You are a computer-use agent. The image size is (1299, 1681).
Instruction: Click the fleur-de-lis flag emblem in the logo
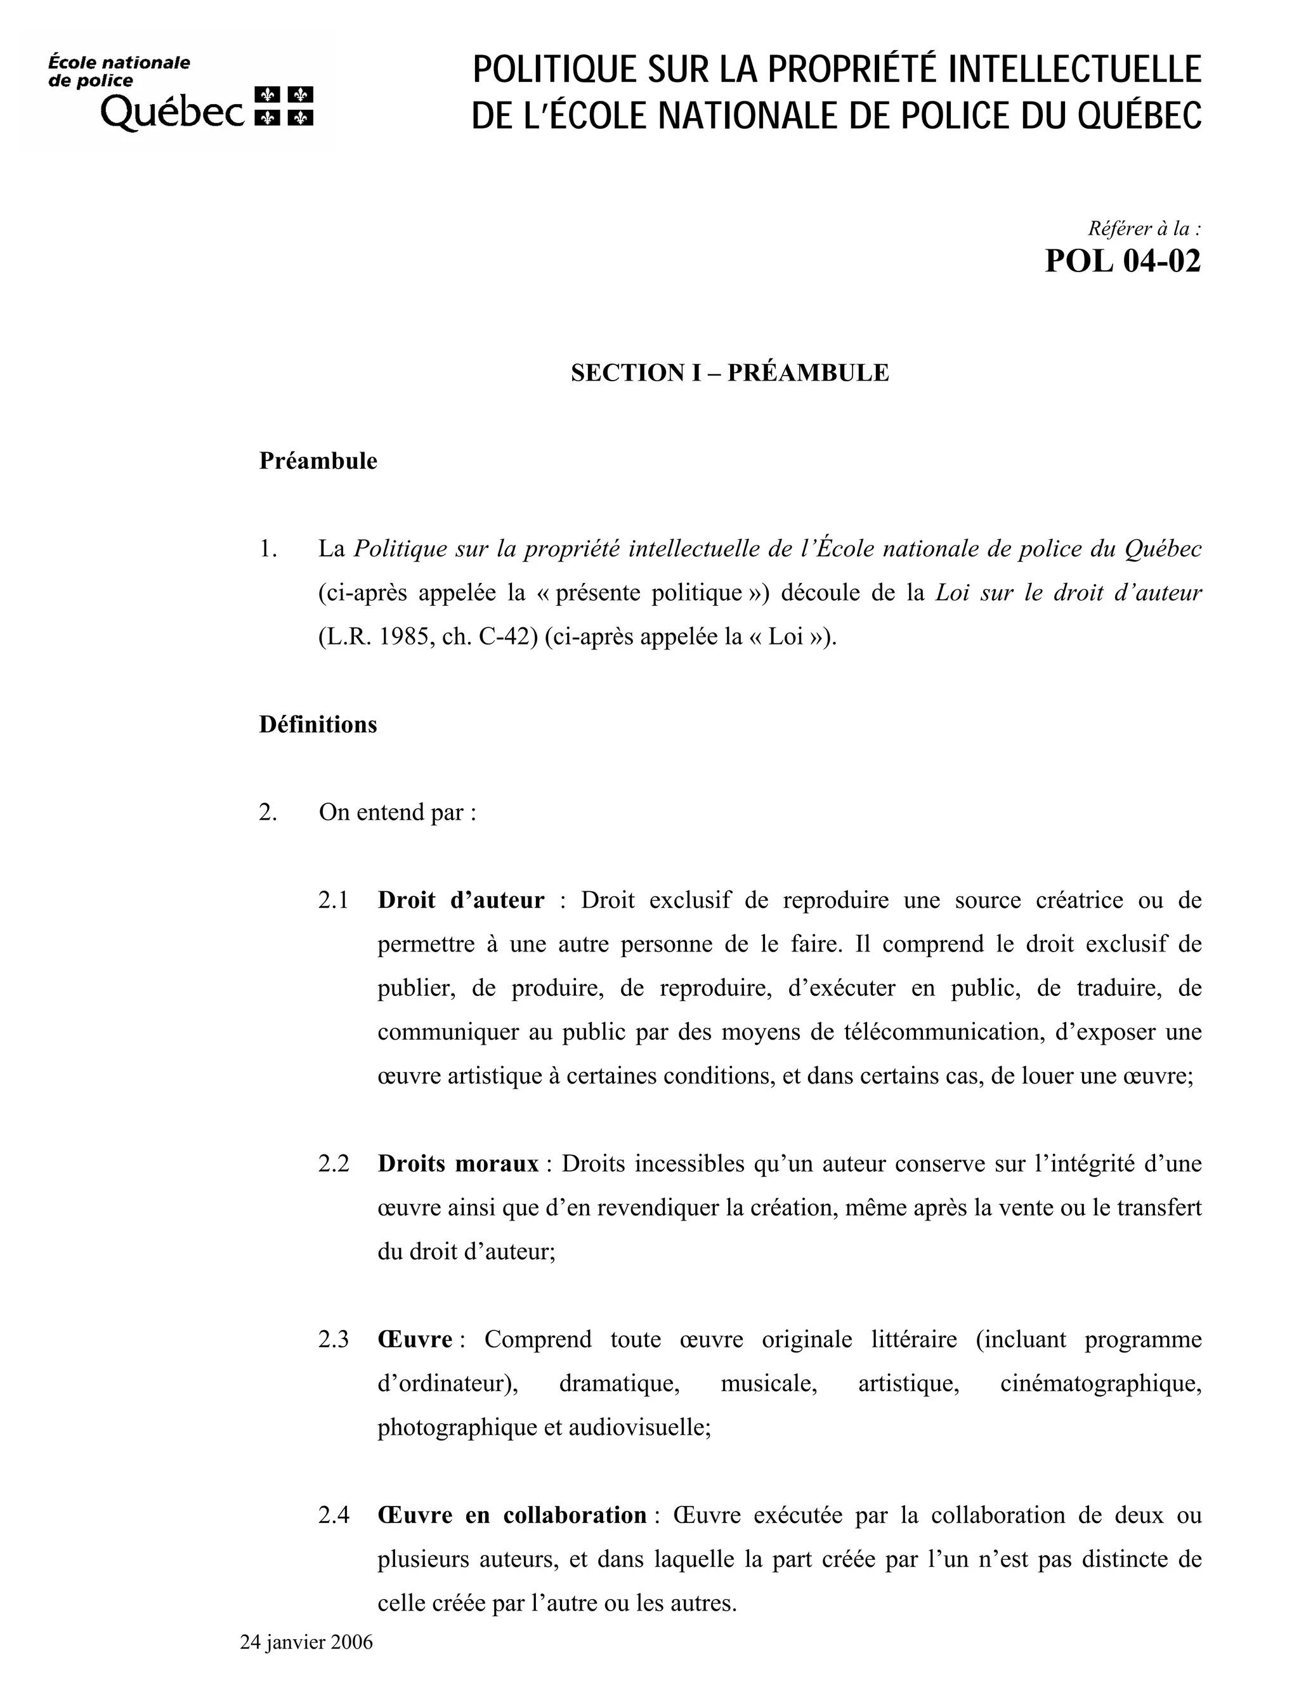tap(284, 105)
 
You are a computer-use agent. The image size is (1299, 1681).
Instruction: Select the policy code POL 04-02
tap(1122, 262)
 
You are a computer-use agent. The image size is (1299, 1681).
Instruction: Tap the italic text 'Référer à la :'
tap(1144, 228)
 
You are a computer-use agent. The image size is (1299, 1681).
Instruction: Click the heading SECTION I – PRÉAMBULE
tap(729, 372)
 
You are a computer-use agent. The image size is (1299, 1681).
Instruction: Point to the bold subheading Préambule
tap(318, 461)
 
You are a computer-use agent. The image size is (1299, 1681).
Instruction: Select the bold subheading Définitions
tap(318, 724)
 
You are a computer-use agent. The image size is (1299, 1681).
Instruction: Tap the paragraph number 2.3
tap(332, 1339)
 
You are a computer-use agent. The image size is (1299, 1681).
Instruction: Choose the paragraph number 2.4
tap(332, 1515)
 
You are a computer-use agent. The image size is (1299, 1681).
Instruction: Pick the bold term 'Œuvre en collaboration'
tap(512, 1515)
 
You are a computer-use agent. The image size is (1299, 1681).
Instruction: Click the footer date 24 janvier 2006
tap(306, 1642)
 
